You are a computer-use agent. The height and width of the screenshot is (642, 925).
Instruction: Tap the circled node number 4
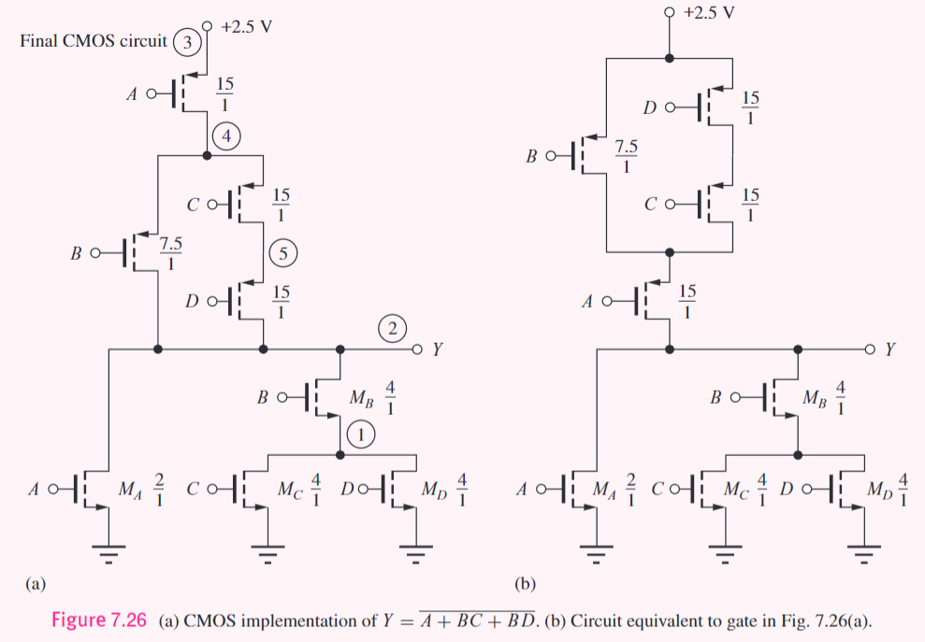(226, 136)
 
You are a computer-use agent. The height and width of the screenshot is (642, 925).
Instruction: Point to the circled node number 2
(394, 328)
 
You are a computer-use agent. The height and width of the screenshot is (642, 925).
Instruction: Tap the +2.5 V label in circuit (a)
(247, 25)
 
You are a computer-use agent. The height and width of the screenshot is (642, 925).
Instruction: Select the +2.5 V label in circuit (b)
(710, 13)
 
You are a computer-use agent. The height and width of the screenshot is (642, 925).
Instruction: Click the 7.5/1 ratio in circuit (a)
(171, 253)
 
